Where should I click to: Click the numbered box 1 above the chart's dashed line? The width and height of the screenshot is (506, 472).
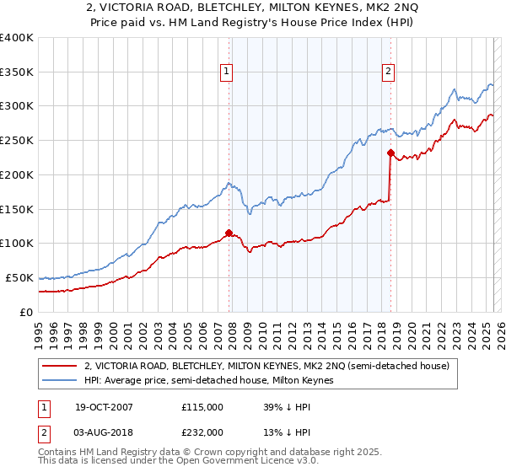click(x=228, y=72)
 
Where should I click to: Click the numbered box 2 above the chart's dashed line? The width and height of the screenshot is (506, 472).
click(x=389, y=72)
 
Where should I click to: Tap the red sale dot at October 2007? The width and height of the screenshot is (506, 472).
click(x=229, y=233)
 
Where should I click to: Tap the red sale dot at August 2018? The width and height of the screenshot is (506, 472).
click(x=390, y=153)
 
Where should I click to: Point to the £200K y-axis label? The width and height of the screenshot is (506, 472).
click(x=16, y=174)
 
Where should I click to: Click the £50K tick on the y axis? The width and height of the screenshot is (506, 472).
click(x=19, y=277)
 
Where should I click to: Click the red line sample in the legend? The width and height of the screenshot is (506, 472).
click(x=60, y=366)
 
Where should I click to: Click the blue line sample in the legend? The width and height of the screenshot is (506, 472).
click(x=60, y=381)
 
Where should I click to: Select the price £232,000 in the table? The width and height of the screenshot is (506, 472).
click(x=202, y=432)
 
